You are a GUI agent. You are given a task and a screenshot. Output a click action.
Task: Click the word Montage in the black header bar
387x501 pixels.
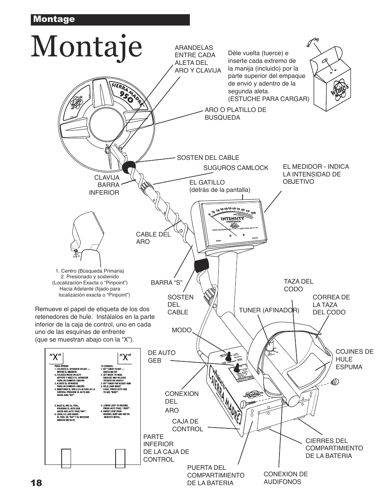point(54,19)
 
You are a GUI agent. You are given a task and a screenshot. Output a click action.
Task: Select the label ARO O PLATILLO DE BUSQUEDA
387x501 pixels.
point(235,114)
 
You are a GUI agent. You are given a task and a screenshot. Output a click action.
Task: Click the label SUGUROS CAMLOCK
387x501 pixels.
point(236,168)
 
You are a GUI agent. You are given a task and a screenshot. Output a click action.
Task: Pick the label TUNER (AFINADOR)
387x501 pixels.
point(269,310)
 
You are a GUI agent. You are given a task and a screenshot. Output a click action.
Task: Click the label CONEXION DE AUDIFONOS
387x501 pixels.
point(286,477)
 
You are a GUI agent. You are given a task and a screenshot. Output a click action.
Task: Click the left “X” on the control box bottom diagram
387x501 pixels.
point(56,357)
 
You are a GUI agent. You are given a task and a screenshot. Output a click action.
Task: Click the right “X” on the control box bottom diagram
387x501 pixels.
point(125,357)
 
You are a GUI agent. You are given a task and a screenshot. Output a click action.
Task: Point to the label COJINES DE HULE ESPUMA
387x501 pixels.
point(354,359)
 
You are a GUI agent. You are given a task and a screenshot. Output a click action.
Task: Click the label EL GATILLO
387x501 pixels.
point(207,183)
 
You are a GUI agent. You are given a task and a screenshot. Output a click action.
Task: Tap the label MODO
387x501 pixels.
point(181,330)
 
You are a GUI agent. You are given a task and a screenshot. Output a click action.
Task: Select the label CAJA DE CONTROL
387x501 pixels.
point(187,425)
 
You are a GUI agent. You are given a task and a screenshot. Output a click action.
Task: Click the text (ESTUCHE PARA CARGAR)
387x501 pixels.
point(269,99)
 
